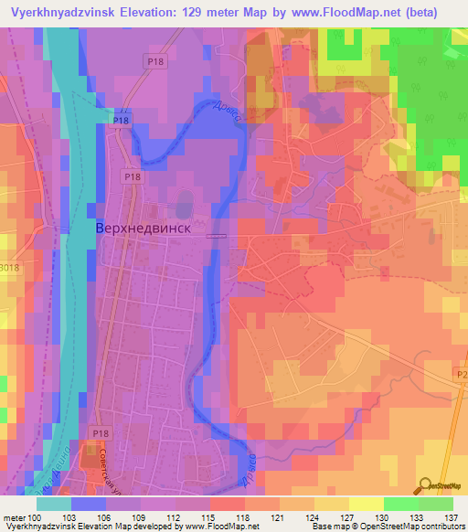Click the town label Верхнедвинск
144,229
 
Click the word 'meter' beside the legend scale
13,517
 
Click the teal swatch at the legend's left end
55,504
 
